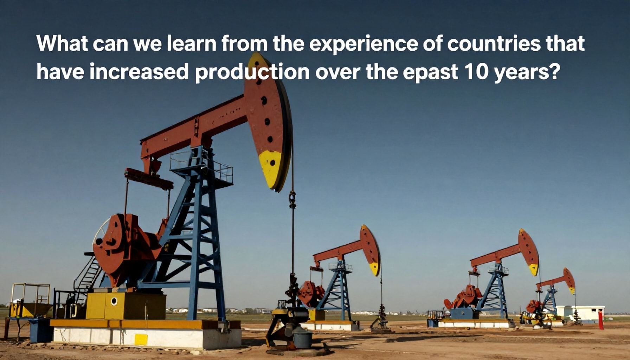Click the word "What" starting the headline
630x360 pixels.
(59, 44)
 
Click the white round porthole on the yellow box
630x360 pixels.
(114, 301)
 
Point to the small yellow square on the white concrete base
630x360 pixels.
(141, 340)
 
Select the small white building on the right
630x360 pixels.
(580, 313)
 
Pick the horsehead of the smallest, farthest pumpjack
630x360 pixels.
(569, 281)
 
